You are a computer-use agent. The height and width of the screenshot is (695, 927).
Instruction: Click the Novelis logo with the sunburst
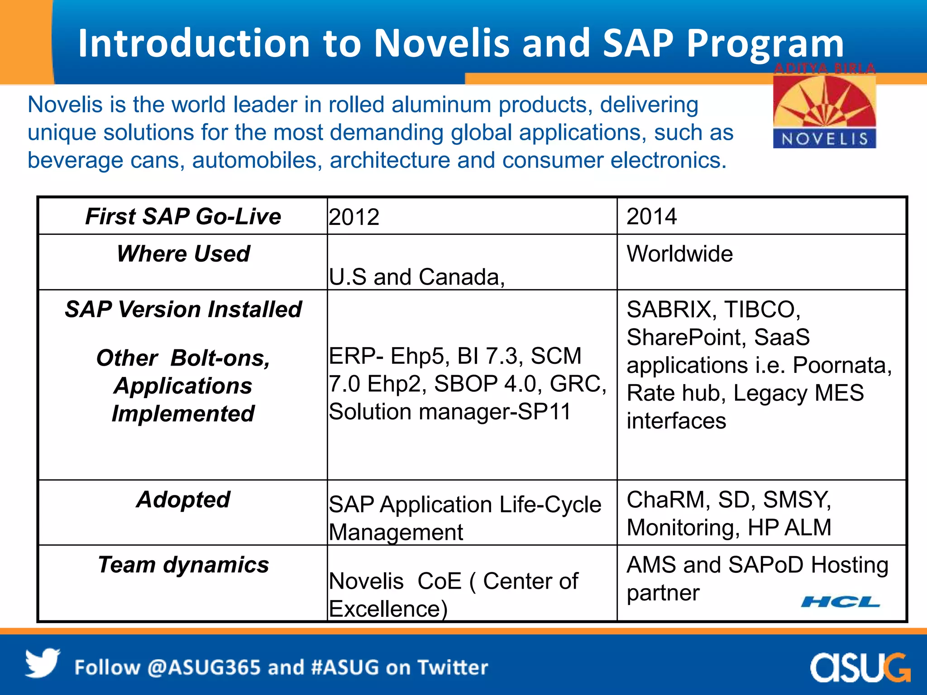(x=824, y=111)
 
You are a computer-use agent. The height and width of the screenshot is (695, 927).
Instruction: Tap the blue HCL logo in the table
(x=840, y=602)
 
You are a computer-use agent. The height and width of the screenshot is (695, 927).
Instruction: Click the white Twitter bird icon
(x=42, y=663)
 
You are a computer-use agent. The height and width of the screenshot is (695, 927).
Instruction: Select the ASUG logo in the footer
(x=860, y=667)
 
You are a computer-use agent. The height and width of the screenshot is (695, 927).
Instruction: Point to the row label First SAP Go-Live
(x=183, y=216)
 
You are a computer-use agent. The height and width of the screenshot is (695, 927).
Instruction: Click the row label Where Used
(x=183, y=254)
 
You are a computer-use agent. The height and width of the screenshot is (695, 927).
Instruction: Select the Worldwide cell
(x=679, y=254)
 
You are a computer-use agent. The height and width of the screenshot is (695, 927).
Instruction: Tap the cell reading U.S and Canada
(x=416, y=276)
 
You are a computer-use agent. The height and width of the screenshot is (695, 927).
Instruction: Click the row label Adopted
(x=183, y=500)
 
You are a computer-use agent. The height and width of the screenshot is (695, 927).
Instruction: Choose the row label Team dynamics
(x=183, y=565)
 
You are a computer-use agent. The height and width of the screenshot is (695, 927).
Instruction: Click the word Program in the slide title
(x=765, y=44)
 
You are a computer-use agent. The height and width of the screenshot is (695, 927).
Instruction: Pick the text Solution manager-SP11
(x=449, y=412)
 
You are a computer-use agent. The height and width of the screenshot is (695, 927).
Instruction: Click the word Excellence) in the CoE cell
(x=388, y=609)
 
